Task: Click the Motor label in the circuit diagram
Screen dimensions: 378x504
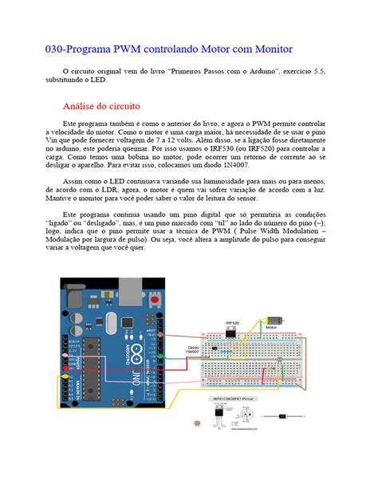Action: pyautogui.click(x=271, y=327)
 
